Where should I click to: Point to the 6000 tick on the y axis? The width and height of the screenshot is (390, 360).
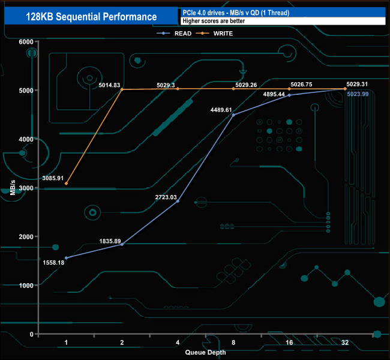pyautogui.click(x=26, y=42)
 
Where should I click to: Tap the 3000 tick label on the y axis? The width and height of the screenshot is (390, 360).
pyautogui.click(x=26, y=188)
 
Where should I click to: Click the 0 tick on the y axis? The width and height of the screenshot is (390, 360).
pyautogui.click(x=32, y=334)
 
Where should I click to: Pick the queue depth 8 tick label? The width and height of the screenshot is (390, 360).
pyautogui.click(x=233, y=343)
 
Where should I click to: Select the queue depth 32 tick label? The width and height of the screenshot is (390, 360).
pyautogui.click(x=344, y=343)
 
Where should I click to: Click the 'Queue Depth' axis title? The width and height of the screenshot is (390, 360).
pyautogui.click(x=205, y=352)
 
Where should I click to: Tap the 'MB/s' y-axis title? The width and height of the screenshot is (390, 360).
pyautogui.click(x=13, y=187)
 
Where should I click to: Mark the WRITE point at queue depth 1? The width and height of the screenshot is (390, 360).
pyautogui.click(x=66, y=184)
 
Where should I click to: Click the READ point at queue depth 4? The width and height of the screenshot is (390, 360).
pyautogui.click(x=178, y=201)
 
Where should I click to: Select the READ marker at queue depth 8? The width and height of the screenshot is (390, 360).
pyautogui.click(x=233, y=115)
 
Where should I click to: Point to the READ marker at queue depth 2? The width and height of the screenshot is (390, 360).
pyautogui.click(x=122, y=244)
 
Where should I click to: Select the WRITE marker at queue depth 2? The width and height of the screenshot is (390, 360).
pyautogui.click(x=122, y=89)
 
